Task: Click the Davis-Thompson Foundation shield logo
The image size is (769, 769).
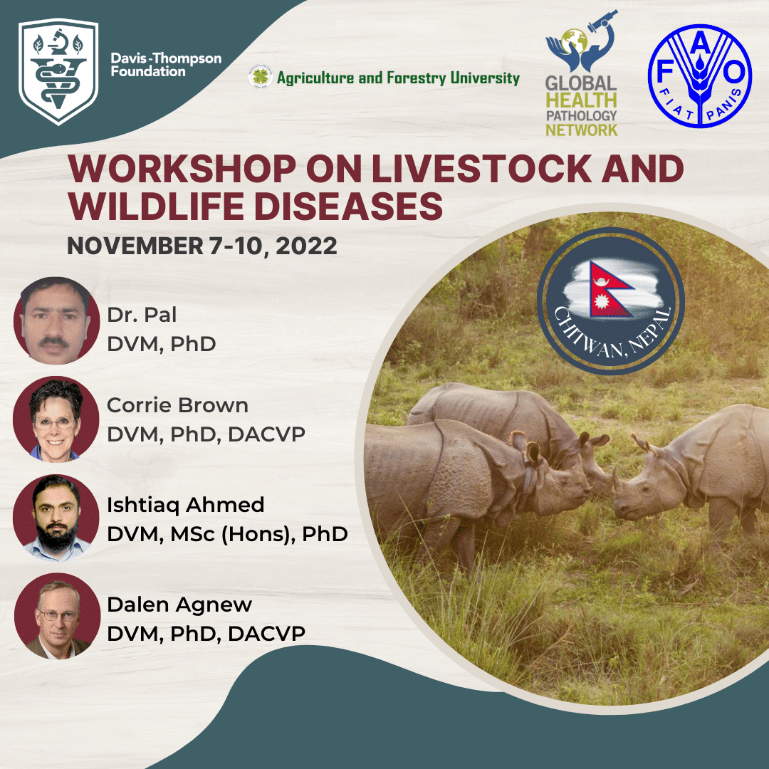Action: [58, 71]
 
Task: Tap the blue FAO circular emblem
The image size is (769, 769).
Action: [699, 76]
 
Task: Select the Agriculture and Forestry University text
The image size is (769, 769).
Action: [398, 78]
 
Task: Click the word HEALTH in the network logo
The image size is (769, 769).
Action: [581, 100]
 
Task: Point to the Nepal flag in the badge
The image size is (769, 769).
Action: [609, 289]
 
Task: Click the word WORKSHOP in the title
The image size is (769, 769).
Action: [182, 169]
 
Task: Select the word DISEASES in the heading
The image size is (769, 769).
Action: [348, 206]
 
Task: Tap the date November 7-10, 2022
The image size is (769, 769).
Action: [202, 246]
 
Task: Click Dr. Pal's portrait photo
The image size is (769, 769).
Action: [56, 320]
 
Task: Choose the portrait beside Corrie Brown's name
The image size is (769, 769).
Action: [56, 419]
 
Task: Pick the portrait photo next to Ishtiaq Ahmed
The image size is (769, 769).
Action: [56, 518]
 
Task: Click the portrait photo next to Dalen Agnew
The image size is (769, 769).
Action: [57, 616]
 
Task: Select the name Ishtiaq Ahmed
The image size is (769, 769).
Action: [185, 505]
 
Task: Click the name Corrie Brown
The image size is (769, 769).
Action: [177, 406]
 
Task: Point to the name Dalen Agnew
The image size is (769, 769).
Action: [179, 605]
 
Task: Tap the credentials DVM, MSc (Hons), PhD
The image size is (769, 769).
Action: [228, 534]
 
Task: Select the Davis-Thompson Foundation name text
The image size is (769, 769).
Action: [166, 65]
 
